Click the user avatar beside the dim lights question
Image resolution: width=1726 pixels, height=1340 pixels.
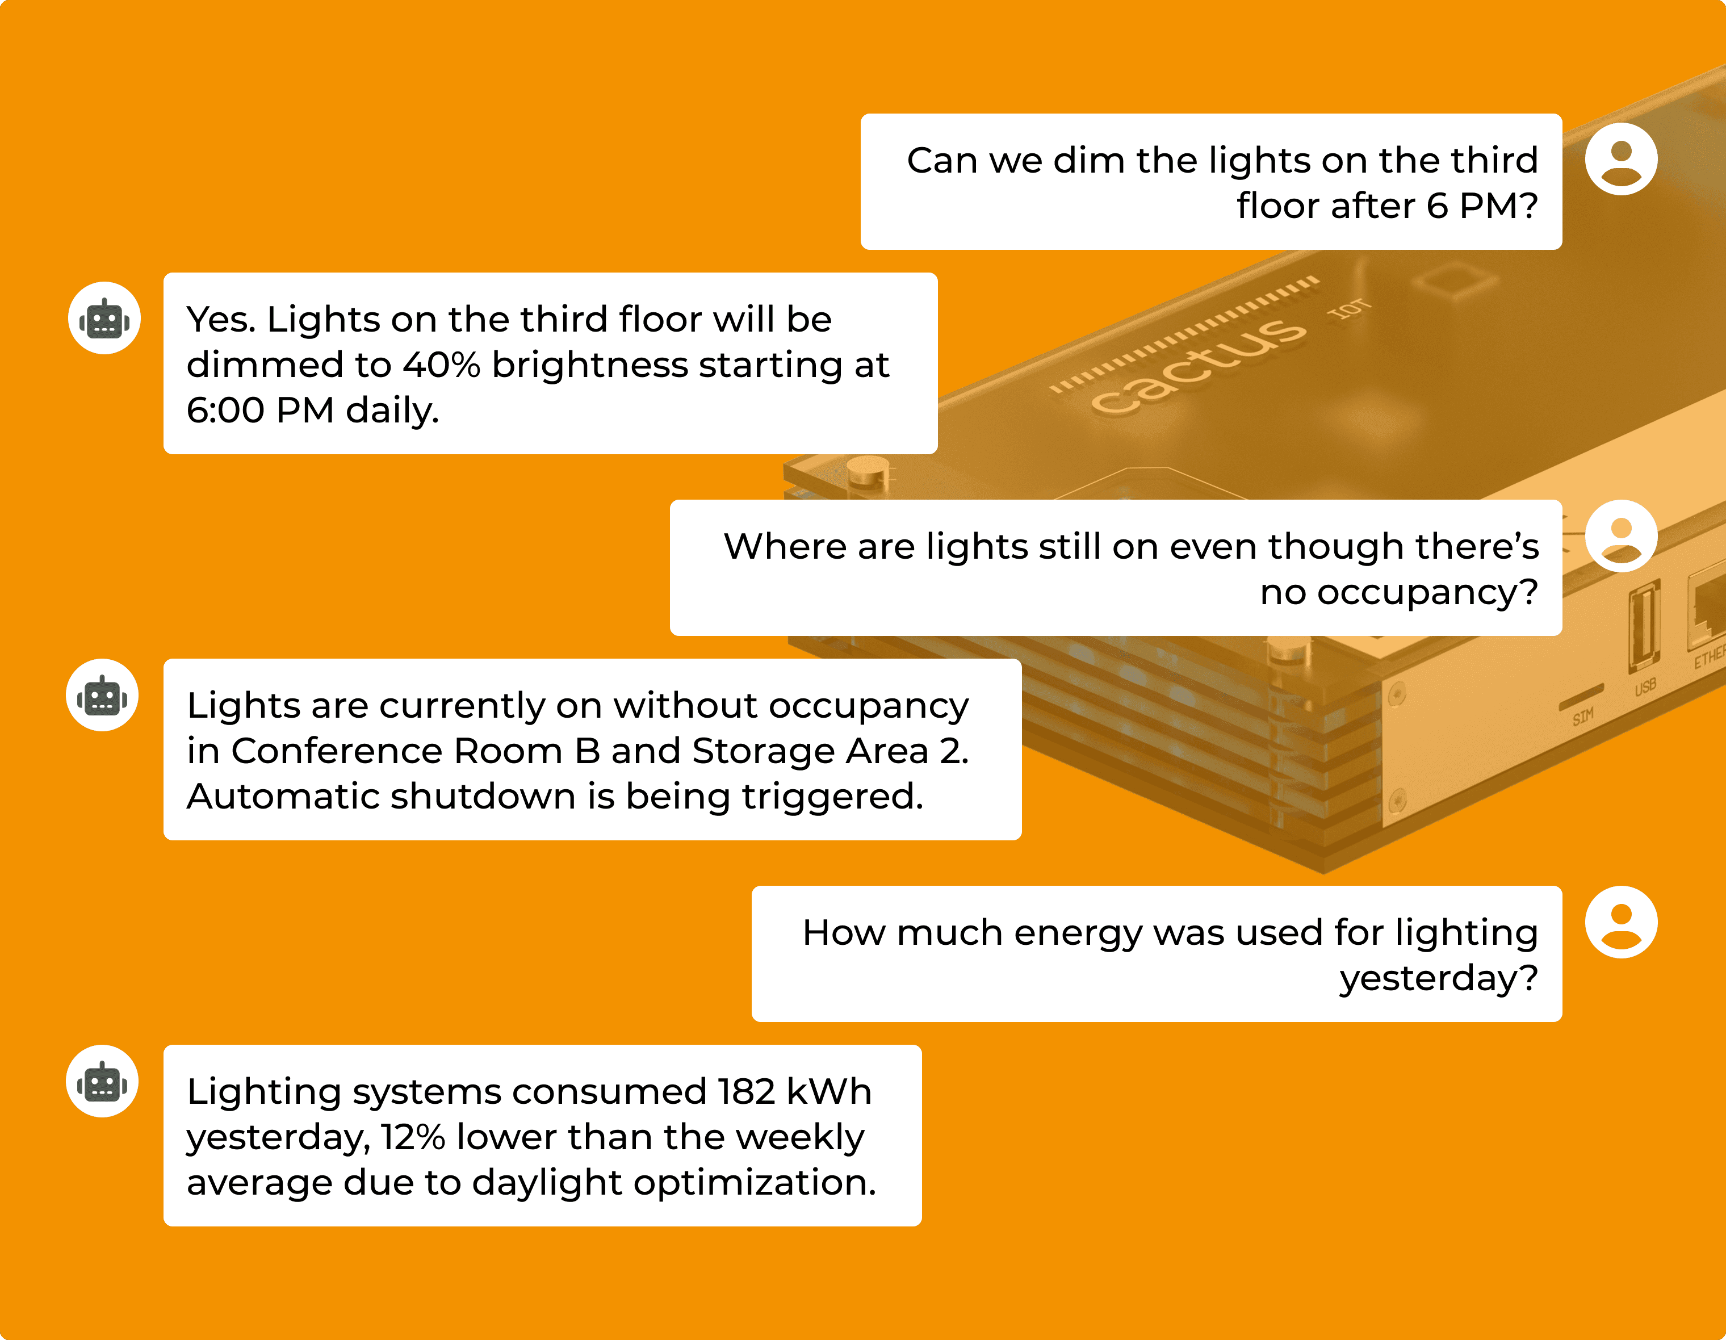1621,159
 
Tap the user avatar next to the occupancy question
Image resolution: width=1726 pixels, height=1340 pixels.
1621,536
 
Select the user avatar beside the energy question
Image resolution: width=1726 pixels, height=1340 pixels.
1621,922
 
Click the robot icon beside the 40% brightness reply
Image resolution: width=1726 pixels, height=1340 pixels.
104,318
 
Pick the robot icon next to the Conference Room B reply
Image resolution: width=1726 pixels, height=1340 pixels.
102,695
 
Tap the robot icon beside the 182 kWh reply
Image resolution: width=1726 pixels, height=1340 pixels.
102,1081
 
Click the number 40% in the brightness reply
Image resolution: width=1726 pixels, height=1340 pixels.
442,365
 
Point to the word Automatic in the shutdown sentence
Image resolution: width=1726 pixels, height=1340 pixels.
282,796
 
